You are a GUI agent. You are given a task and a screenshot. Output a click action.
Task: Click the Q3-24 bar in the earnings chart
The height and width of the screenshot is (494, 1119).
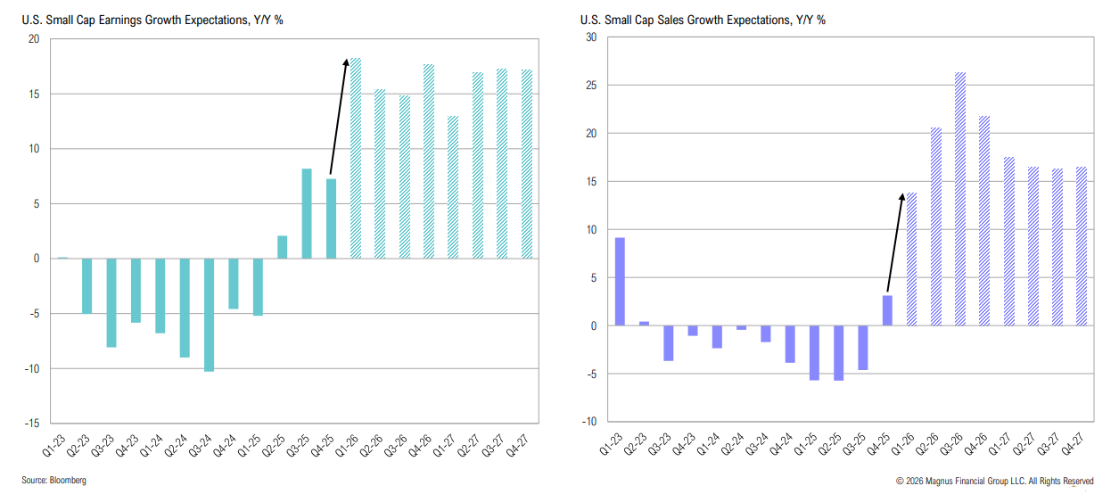[210, 314]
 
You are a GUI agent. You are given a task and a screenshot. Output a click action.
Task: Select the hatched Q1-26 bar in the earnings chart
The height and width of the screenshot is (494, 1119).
[356, 159]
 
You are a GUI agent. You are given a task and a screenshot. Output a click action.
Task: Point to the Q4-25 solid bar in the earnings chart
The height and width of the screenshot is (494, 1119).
[332, 218]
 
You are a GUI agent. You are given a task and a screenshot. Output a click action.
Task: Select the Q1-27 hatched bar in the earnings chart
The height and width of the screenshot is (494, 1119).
[453, 187]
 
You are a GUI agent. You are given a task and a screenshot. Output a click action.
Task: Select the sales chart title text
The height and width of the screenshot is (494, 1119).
[702, 20]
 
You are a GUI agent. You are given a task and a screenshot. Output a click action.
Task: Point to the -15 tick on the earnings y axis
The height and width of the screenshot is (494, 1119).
[34, 424]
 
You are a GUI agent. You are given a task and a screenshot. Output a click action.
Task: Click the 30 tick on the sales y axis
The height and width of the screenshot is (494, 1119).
[590, 37]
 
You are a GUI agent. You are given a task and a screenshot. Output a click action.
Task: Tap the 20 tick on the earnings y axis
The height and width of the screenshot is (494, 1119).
[35, 39]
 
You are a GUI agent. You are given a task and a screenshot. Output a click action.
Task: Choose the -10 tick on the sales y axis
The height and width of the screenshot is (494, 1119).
[588, 422]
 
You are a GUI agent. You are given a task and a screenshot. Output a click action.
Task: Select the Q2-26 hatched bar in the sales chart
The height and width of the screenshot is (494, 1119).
[936, 226]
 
